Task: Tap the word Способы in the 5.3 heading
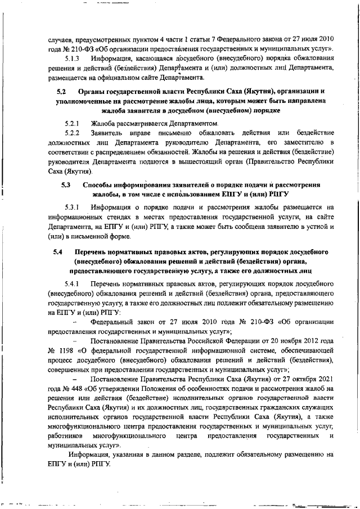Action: pyautogui.click(x=101, y=184)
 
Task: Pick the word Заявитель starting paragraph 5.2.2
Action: pyautogui.click(x=110, y=132)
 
